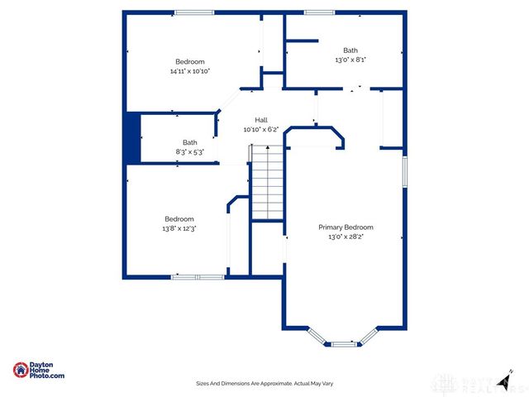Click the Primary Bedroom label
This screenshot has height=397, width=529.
(346, 227)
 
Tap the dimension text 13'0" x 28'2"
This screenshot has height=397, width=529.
(346, 237)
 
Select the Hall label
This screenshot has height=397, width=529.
(260, 120)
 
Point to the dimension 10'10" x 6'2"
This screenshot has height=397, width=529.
(260, 130)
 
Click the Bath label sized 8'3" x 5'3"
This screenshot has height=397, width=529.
(190, 141)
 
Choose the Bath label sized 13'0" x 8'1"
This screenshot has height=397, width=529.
(350, 50)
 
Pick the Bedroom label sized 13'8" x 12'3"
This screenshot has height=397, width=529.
(179, 218)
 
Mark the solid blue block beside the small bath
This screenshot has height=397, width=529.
(131, 138)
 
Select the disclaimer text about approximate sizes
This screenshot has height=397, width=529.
(264, 384)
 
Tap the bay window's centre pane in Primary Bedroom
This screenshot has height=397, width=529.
(342, 343)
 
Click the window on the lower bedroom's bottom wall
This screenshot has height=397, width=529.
(197, 276)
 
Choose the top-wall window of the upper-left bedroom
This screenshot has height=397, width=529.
(194, 12)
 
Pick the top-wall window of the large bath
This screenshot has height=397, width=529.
(314, 12)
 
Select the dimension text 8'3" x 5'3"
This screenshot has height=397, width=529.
(190, 151)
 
